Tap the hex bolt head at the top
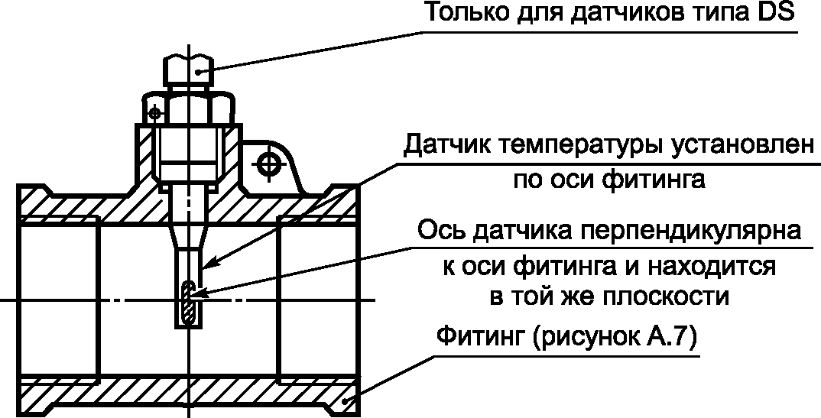[x=188, y=71]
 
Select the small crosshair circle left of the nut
[x=155, y=113]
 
